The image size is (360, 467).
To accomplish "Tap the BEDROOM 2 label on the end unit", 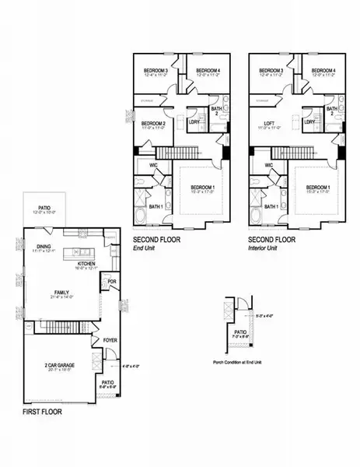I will tap(153, 123).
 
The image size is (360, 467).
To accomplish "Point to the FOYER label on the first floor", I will tap(110, 339).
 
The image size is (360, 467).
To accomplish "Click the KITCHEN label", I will tap(86, 263).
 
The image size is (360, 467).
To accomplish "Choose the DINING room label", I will tap(44, 248).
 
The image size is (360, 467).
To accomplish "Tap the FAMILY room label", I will tap(55, 293).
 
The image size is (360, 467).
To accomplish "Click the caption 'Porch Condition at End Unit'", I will tap(239, 362).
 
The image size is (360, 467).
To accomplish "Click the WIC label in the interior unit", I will tap(268, 165).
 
